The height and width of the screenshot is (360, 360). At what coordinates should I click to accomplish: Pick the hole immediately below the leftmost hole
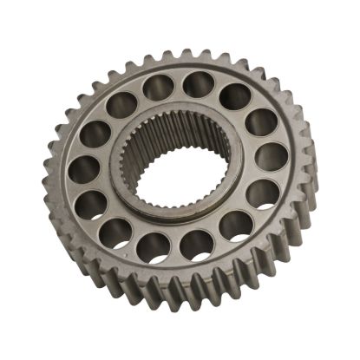93,204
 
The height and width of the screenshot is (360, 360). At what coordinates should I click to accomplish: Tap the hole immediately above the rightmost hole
261,122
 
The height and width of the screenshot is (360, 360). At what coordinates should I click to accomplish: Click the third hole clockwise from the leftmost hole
158,86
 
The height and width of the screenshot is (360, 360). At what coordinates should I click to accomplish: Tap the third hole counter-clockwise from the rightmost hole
199,84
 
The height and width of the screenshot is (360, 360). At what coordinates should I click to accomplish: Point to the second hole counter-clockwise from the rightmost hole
234,96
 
